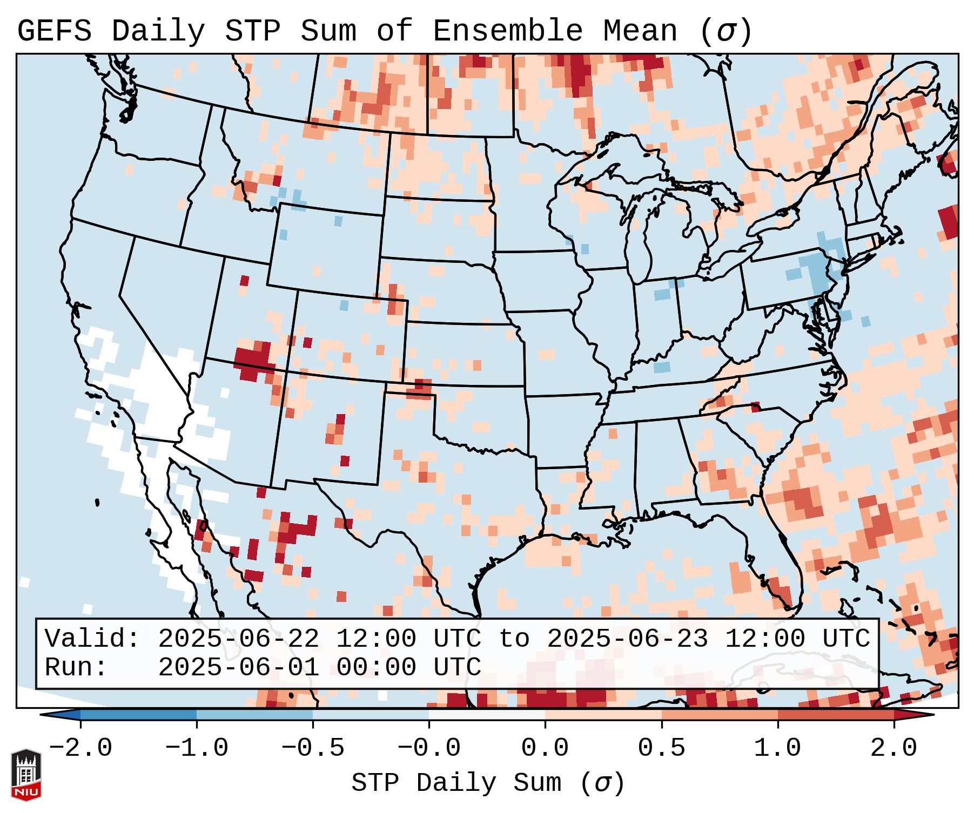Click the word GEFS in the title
55,31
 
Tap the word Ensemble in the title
508,31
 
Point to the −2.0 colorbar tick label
80,748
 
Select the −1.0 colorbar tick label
197,748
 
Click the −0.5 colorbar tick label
313,748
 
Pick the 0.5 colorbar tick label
661,748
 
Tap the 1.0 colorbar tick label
777,748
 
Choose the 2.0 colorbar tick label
894,748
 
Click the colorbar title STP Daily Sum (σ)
488,783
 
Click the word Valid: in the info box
92,639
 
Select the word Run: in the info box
76,667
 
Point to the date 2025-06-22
239,639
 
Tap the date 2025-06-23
628,639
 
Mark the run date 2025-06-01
239,667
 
